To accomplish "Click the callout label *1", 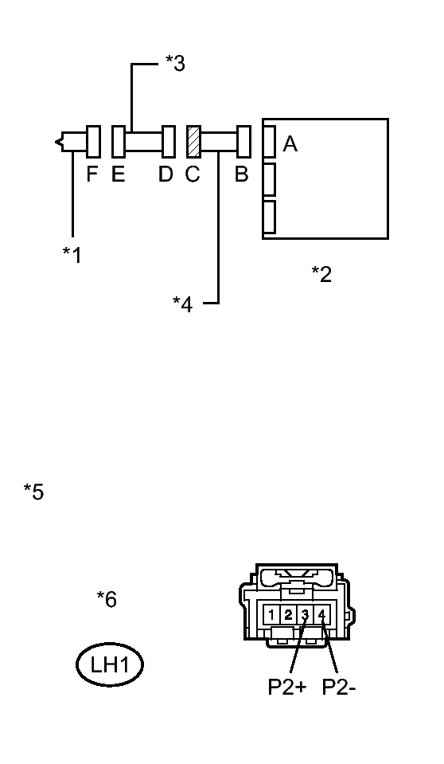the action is point(72,254).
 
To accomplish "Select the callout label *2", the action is point(321,274).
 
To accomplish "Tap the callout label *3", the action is point(175,63).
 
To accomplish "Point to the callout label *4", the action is point(182,304).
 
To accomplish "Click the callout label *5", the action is point(33,492).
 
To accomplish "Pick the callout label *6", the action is point(107,599).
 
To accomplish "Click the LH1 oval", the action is point(110,664).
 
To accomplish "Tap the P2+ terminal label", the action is point(287,687).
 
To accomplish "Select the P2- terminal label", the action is point(339,687).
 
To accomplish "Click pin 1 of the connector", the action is point(271,615).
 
